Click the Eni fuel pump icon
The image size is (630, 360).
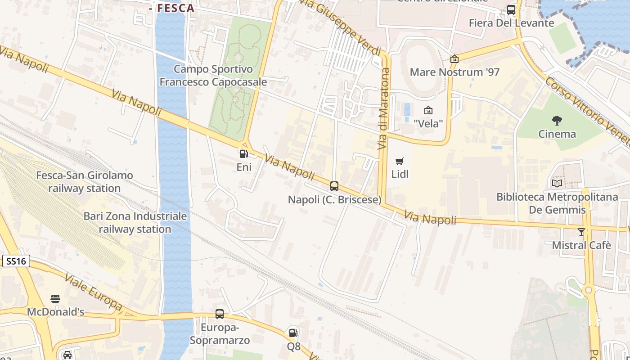[x=243, y=154]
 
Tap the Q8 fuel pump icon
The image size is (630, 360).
[x=293, y=333]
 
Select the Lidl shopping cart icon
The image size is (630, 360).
[x=400, y=161]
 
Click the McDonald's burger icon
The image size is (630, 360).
[x=55, y=299]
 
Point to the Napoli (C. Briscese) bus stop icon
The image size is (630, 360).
[x=334, y=186]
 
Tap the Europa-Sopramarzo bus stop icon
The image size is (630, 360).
[x=220, y=314]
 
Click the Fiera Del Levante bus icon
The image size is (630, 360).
[x=511, y=10]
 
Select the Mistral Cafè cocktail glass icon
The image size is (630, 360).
[x=581, y=232]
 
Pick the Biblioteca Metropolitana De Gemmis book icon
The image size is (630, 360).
[x=557, y=183]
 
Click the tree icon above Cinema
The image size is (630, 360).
[x=557, y=120]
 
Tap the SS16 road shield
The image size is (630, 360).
[x=16, y=261]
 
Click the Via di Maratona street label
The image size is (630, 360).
[x=383, y=109]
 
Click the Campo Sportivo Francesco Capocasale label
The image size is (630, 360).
[x=213, y=76]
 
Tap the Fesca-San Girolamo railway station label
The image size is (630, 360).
[x=85, y=182]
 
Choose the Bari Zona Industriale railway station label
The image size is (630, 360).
[x=135, y=222]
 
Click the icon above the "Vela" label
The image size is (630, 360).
[x=428, y=110]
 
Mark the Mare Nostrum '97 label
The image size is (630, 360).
[x=454, y=72]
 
